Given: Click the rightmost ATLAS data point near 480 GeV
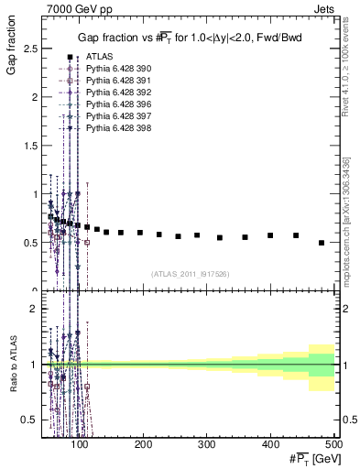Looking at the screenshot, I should pyautogui.click(x=322, y=243).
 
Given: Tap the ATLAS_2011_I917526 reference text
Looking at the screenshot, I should pyautogui.click(x=189, y=274).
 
